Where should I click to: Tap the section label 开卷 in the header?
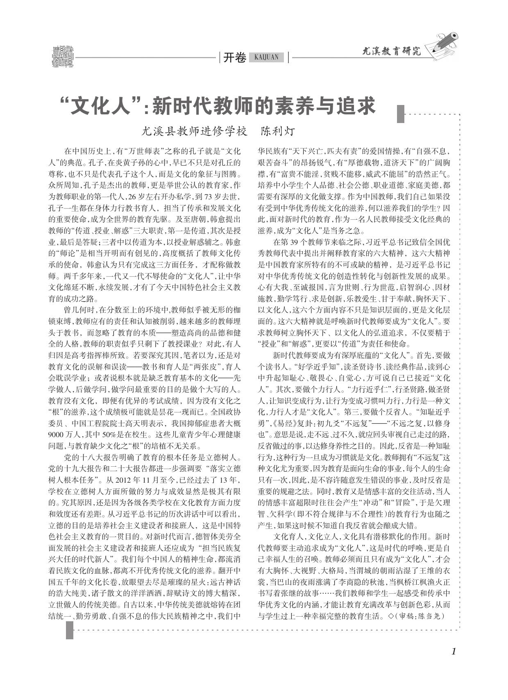[234, 58]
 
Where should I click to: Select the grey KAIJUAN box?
[266, 57]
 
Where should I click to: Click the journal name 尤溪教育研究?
[392, 51]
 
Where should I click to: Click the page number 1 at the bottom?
[453, 651]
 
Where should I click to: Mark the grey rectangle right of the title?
[401, 114]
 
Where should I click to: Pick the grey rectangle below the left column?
[70, 631]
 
